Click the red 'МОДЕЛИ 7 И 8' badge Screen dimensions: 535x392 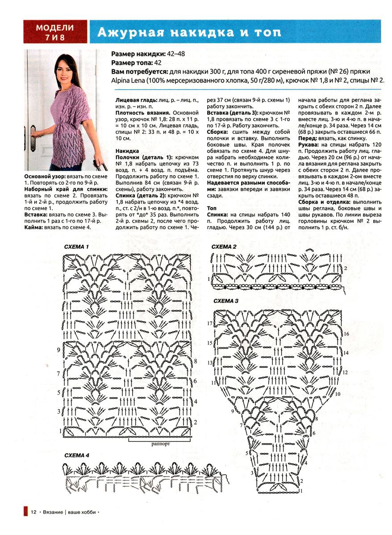pyautogui.click(x=55, y=32)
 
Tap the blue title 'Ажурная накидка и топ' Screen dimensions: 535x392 pyautogui.click(x=189, y=32)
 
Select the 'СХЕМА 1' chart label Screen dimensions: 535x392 pyautogui.click(x=77, y=247)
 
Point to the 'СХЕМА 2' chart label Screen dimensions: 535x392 pyautogui.click(x=224, y=247)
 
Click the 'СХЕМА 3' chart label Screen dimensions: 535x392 pyautogui.click(x=226, y=301)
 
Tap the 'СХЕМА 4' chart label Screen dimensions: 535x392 pyautogui.click(x=77, y=455)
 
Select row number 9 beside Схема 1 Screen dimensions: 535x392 pyautogui.click(x=58, y=350)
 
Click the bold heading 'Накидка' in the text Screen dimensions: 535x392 pyautogui.click(x=127, y=151)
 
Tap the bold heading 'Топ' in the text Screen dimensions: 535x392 pyautogui.click(x=212, y=209)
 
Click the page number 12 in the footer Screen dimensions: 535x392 pyautogui.click(x=33, y=512)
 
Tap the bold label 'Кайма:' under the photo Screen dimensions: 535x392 pyautogui.click(x=33, y=227)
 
